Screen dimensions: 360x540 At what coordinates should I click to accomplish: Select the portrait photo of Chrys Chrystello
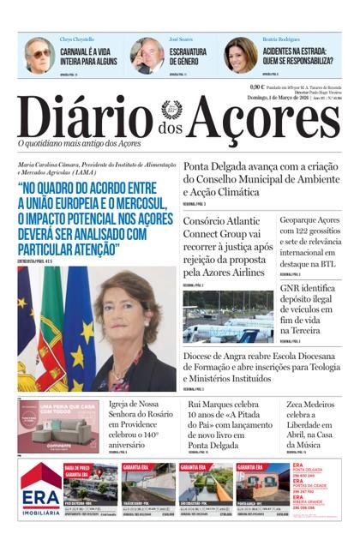click(x=38, y=56)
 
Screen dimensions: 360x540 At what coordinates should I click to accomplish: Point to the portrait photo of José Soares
click(x=147, y=56)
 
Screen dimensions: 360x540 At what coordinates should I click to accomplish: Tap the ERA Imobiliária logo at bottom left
click(x=40, y=489)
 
